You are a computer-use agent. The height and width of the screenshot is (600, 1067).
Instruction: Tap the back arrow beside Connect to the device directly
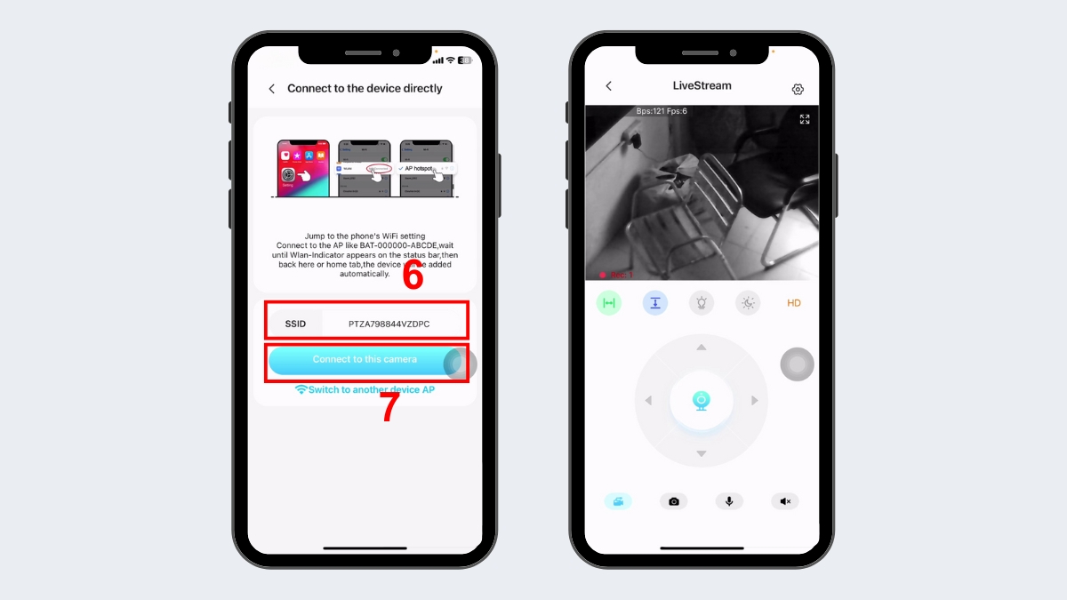(272, 89)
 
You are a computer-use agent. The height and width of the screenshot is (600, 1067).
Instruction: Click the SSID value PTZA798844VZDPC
(389, 324)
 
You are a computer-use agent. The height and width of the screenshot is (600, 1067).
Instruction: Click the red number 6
(412, 276)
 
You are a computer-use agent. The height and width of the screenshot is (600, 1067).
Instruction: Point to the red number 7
(389, 408)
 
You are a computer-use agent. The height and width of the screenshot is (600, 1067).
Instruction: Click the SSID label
(295, 324)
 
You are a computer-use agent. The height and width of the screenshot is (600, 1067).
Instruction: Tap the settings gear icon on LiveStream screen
(798, 89)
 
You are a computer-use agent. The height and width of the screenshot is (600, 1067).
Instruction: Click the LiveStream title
(702, 86)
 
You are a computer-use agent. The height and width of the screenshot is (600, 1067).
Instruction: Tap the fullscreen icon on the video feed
(805, 119)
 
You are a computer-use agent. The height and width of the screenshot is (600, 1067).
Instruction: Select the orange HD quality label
(794, 303)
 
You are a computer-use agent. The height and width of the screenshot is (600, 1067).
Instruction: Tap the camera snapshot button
(673, 501)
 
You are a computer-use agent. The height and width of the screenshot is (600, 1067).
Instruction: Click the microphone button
(729, 501)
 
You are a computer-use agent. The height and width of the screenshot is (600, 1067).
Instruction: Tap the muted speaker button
(785, 501)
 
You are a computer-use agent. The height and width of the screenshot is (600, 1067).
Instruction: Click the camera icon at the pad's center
(701, 401)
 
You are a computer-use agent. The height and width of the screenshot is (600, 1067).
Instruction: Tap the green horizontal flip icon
(608, 303)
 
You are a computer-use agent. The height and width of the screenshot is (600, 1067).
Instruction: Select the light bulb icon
(702, 303)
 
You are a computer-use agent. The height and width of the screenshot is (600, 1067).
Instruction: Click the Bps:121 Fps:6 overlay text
(662, 111)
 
